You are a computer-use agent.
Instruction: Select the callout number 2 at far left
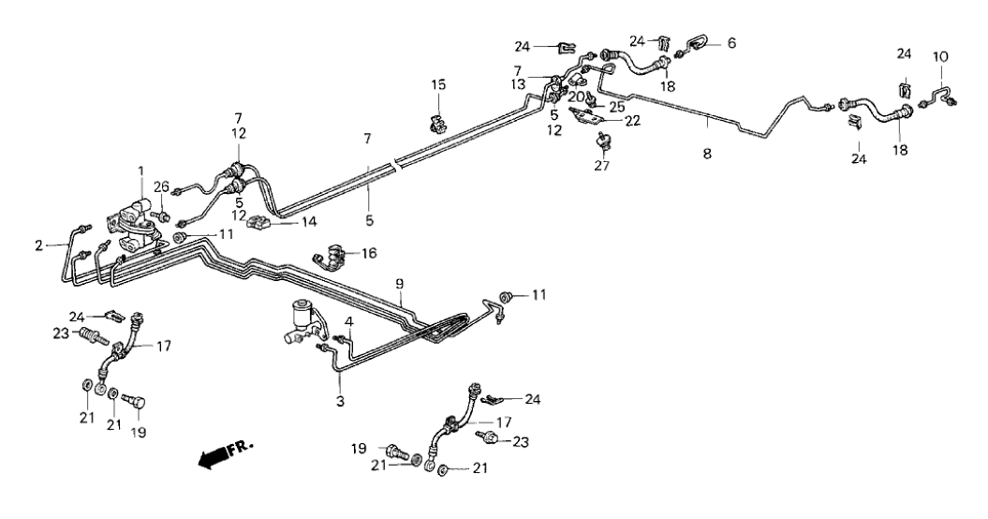pos(39,245)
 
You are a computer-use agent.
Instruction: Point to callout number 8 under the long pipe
pos(707,153)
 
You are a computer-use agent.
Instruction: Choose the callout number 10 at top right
pos(940,56)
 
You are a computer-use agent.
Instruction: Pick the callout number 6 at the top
pos(732,42)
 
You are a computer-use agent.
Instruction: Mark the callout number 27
pos(599,169)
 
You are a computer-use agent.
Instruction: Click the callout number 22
pos(633,120)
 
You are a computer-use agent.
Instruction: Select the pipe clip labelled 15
pos(435,123)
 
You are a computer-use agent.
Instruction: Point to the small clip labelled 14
pos(258,223)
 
